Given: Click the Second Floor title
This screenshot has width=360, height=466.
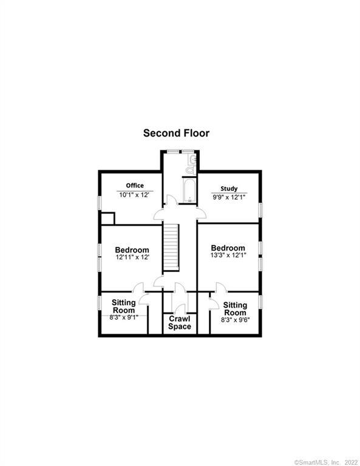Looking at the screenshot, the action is [x=176, y=133].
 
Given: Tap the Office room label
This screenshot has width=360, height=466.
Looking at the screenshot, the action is [x=135, y=186].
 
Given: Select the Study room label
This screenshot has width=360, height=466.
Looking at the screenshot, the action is [x=229, y=189].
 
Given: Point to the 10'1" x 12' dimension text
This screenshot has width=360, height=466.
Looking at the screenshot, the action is [x=134, y=195].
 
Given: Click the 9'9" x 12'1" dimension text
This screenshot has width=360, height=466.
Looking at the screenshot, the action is [x=229, y=197].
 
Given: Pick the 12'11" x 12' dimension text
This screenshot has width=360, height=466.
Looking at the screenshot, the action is [x=132, y=257].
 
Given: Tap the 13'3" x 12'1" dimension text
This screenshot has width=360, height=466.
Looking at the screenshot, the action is [x=228, y=255].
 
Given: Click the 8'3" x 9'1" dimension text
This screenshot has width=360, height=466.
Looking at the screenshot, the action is [x=124, y=317].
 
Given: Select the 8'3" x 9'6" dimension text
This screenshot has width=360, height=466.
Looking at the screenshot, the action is [x=235, y=320].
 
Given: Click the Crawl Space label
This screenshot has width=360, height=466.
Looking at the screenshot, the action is [x=180, y=323].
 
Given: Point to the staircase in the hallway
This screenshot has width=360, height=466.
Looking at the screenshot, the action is [x=171, y=248].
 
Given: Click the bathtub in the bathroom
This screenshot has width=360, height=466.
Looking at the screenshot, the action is [x=189, y=191].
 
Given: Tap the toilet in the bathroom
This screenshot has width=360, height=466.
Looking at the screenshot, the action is [x=190, y=170].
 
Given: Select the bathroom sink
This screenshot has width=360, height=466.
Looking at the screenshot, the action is [x=193, y=160].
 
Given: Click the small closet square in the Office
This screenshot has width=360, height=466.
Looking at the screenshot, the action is [x=107, y=218].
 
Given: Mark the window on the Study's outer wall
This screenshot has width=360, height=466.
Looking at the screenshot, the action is [x=260, y=209].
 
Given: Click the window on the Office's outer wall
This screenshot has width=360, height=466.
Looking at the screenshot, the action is [x=100, y=203].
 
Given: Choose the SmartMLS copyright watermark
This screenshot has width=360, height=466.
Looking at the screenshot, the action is [x=326, y=462].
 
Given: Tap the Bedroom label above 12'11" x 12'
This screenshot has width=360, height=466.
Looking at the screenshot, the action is [x=132, y=250].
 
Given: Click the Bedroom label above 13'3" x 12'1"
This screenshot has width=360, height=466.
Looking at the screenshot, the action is [x=228, y=248].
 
